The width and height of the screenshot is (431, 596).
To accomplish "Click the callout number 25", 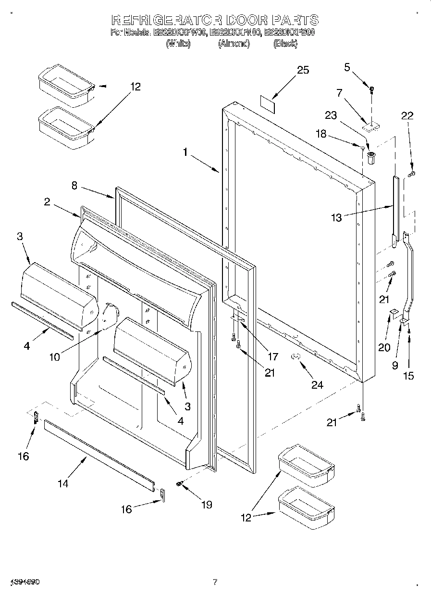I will click(302, 70).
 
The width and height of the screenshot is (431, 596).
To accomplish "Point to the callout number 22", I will click(407, 115).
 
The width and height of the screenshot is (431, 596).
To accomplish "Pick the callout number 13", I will click(336, 218).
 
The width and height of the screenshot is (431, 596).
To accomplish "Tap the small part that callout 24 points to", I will click(296, 356).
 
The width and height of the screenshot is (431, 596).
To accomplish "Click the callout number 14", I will click(63, 483).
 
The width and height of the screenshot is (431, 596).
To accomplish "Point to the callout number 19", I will click(207, 505).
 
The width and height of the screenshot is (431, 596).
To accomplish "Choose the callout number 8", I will click(74, 186).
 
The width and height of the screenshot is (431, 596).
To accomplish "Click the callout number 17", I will click(272, 356).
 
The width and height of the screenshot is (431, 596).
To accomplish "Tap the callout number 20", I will click(384, 347).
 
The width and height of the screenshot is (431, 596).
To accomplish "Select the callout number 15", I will click(408, 376).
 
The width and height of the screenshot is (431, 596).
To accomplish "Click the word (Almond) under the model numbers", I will click(234, 44).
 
